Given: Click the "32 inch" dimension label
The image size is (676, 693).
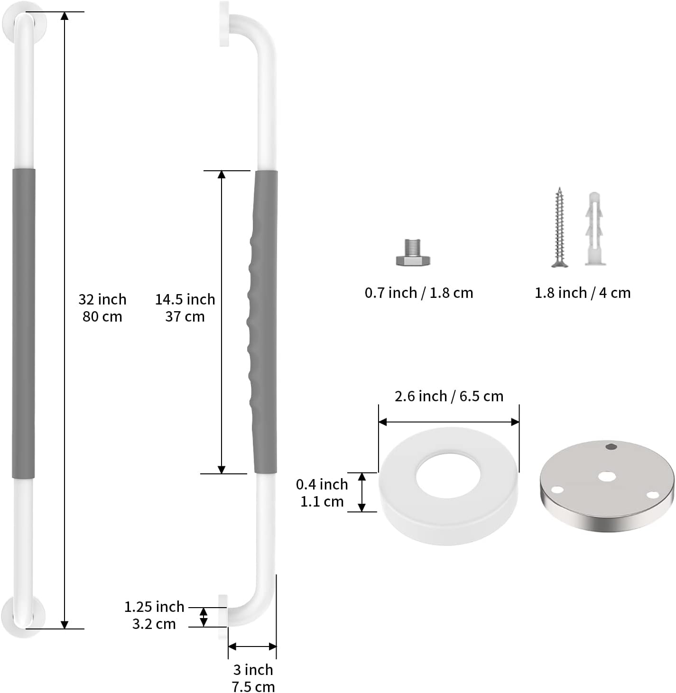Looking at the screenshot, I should [102, 300].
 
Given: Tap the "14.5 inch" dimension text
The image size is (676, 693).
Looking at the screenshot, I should [185, 300].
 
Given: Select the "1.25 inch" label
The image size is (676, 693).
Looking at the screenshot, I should [154, 607].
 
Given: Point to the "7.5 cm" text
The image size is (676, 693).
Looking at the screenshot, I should [253, 686].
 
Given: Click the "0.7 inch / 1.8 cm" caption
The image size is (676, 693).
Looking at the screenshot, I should [419, 293].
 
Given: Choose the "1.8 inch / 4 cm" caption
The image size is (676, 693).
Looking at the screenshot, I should [583, 293].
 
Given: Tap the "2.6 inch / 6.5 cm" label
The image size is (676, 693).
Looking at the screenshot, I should [449, 396].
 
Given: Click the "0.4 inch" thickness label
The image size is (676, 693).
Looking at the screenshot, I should [322, 484].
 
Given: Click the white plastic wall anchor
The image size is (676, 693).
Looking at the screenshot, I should [594, 229].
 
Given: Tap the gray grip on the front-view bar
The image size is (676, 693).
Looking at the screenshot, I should [23, 323].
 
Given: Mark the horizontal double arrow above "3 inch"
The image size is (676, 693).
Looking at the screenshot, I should [252, 647].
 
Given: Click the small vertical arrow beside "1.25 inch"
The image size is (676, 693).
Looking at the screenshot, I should [204, 617].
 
